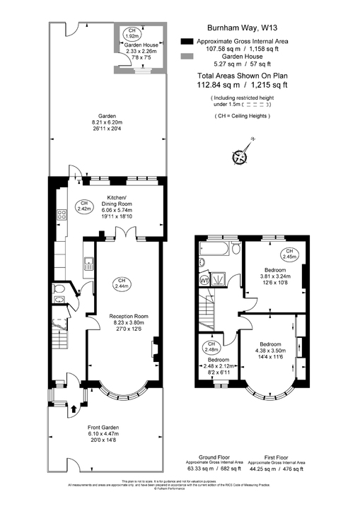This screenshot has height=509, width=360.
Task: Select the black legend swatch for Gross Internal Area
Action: click(x=187, y=42)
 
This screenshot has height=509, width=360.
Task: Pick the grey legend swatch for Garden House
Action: click(x=187, y=57)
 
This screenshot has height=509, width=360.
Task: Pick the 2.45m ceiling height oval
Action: click(x=289, y=255)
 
